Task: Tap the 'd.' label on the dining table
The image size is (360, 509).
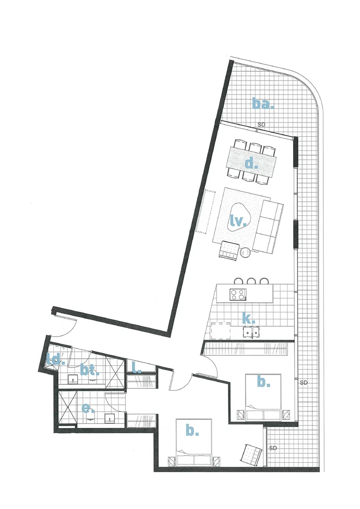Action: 251,164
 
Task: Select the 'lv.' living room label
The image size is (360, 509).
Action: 238,221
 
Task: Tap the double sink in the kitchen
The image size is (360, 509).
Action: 250,333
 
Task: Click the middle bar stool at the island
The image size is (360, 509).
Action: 252,281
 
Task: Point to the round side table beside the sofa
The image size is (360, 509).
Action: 246,254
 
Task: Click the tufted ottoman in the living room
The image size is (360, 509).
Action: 229,250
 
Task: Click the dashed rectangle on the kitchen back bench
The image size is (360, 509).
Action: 221,331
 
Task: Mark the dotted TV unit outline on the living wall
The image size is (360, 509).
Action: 203,212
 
